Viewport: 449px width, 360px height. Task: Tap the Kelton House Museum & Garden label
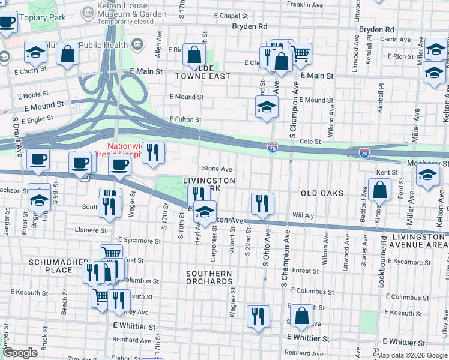[132, 12]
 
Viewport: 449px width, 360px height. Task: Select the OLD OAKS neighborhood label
[322, 193]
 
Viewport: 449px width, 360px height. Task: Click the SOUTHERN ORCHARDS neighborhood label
[209, 278]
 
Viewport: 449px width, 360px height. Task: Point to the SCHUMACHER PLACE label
[51, 266]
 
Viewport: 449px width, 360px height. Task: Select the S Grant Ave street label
[17, 134]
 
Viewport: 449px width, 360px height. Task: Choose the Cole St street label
[310, 142]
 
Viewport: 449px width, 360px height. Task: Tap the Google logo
[20, 353]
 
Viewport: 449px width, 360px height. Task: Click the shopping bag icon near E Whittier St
[301, 314]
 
